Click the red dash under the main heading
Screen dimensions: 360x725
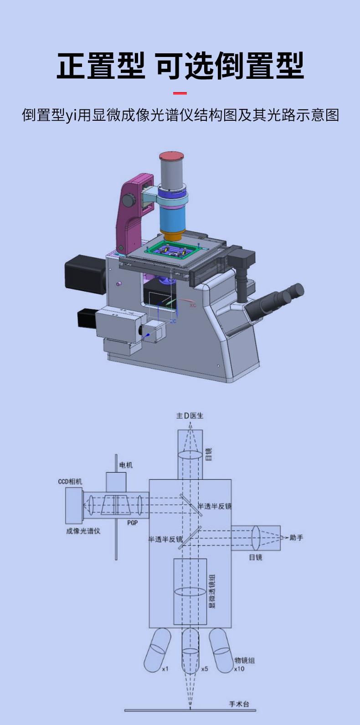tap(180, 93)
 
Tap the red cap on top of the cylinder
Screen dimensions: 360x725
tap(172, 156)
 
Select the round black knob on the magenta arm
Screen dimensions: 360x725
tap(129, 200)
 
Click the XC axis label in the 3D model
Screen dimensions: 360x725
tap(193, 305)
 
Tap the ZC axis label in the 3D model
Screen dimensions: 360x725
tap(173, 321)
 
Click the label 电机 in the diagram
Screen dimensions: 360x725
tap(126, 465)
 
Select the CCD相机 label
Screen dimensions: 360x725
tap(70, 482)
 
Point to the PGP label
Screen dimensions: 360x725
tap(133, 523)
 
